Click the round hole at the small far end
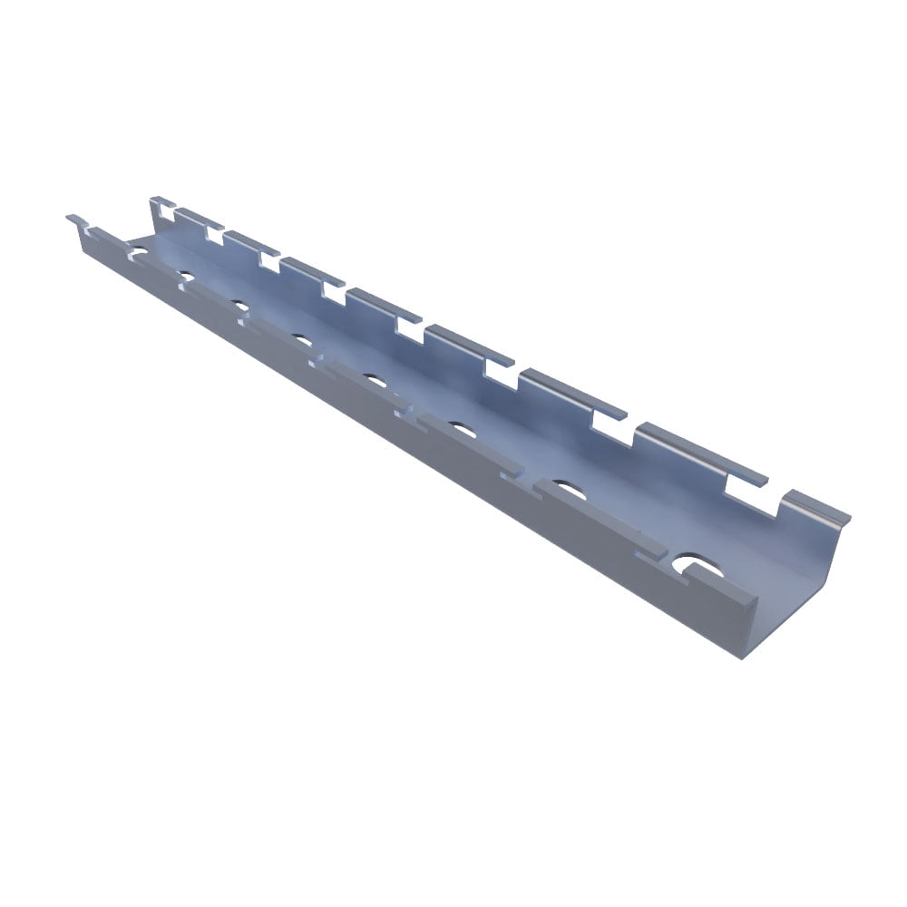click(x=139, y=245)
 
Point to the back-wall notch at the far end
click(x=164, y=211)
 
